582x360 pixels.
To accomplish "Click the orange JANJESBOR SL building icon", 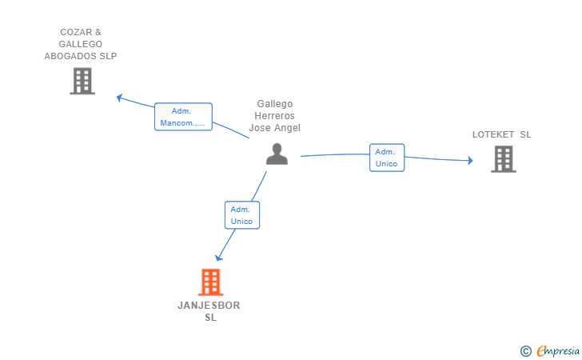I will [209, 282].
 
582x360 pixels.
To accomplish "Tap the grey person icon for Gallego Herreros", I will [277, 154].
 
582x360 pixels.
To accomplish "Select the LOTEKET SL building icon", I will [503, 159].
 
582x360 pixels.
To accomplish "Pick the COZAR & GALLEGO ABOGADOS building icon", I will [82, 81].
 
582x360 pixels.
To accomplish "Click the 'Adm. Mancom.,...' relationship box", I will [183, 117].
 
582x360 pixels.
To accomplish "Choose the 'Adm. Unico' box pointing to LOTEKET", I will [387, 158].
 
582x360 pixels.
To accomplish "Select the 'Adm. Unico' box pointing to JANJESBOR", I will [241, 214].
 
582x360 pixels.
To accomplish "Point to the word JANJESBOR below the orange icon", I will [209, 306].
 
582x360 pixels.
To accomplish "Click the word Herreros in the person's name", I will [276, 116].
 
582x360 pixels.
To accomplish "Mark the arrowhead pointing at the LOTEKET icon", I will [470, 160].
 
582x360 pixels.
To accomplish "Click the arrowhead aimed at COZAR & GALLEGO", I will [119, 98].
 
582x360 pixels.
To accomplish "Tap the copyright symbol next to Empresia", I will [525, 350].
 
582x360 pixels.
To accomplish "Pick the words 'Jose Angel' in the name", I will [276, 128].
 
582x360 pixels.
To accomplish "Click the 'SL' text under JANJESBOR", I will [209, 318].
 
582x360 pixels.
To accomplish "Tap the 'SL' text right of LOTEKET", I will [525, 134].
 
